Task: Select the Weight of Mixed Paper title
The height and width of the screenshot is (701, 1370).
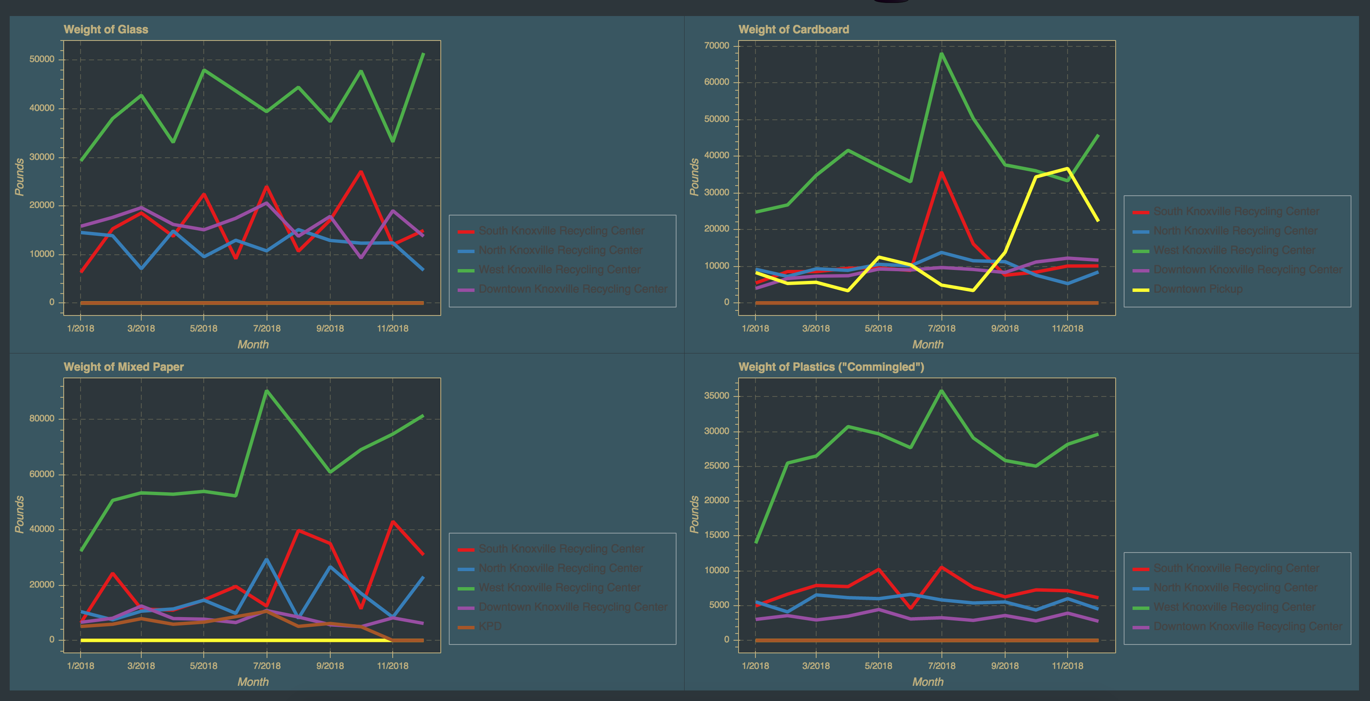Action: click(x=124, y=367)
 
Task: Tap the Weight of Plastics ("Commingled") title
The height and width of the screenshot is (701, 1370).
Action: click(x=831, y=367)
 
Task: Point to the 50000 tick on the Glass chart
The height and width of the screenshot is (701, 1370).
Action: click(x=41, y=59)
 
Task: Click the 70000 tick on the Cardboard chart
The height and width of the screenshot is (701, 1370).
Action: click(x=716, y=46)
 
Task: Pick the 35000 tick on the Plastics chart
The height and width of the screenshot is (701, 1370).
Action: click(x=716, y=396)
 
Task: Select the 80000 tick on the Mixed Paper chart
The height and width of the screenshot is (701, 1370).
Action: click(x=41, y=418)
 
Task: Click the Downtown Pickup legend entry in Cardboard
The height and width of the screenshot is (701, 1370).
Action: click(x=1197, y=289)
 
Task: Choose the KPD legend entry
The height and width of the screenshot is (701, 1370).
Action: click(x=490, y=626)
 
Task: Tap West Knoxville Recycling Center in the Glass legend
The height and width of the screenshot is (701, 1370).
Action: click(x=559, y=270)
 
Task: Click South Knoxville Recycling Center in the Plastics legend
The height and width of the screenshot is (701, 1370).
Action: click(x=1236, y=568)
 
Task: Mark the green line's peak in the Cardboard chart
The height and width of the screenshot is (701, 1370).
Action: click(x=941, y=53)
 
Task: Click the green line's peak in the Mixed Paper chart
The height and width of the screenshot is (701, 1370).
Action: click(x=267, y=391)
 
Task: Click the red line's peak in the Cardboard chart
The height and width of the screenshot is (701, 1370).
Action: click(x=941, y=173)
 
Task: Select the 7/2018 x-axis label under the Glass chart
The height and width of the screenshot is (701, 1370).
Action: click(x=267, y=329)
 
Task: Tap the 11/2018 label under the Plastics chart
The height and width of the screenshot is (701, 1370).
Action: click(x=1067, y=666)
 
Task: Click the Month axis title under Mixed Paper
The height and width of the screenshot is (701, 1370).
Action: click(x=253, y=682)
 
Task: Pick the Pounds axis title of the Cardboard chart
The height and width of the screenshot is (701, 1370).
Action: click(x=694, y=177)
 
